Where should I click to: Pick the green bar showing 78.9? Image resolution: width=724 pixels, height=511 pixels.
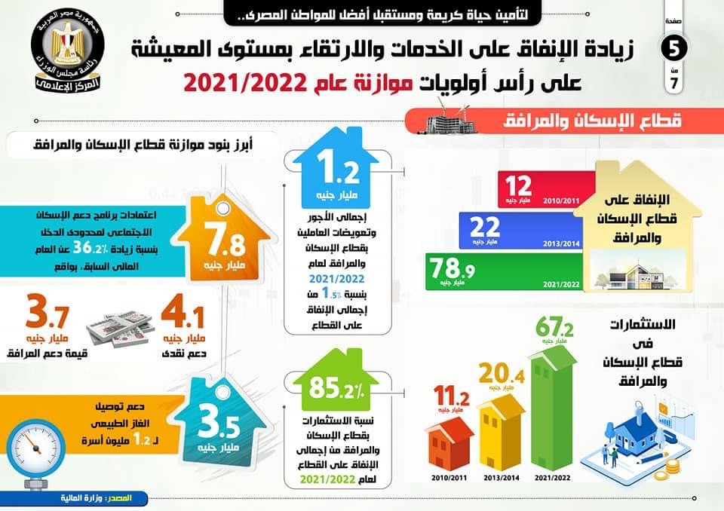(501, 271)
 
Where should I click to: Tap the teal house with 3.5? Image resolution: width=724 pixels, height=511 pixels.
(223, 423)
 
